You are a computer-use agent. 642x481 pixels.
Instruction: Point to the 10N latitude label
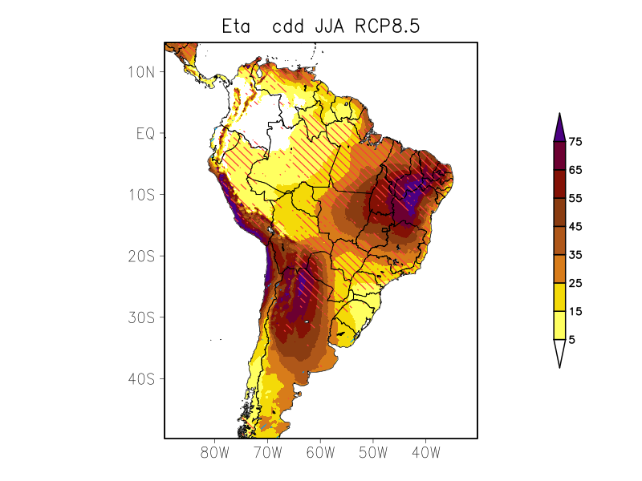click(x=140, y=71)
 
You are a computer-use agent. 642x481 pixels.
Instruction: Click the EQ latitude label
click(x=144, y=133)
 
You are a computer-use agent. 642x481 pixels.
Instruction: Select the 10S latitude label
click(x=140, y=194)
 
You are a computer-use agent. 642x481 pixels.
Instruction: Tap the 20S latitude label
click(x=140, y=256)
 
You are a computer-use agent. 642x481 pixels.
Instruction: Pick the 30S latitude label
click(x=140, y=317)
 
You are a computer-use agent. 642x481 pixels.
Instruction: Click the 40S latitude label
click(x=140, y=378)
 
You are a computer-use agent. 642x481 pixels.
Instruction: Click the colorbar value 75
click(x=575, y=142)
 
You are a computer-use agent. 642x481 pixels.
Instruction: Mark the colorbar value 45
click(x=575, y=227)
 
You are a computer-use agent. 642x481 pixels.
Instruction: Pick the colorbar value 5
click(x=572, y=339)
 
